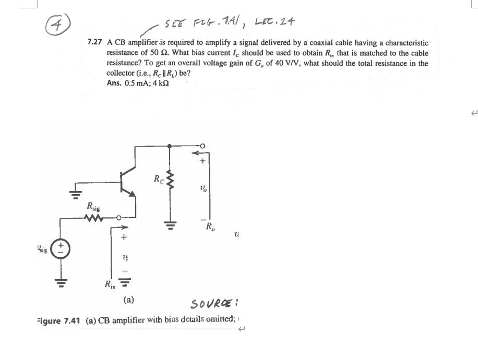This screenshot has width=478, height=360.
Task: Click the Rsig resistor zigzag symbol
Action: pos(99,218)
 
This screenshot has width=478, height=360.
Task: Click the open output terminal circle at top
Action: pos(204,146)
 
